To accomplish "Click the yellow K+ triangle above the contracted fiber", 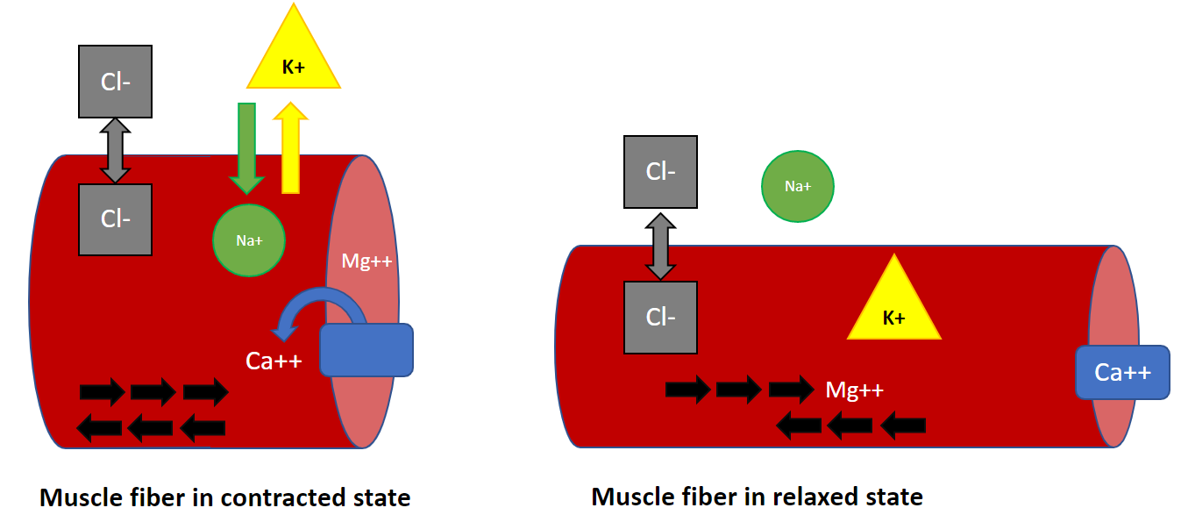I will coord(294,61).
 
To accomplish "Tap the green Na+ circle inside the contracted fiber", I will coord(250,240).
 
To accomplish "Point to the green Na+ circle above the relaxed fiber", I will coord(797,186).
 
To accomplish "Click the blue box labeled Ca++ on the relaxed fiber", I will coord(1122,373).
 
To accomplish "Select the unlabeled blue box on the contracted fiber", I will coord(366,350).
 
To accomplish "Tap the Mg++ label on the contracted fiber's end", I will coord(366,261).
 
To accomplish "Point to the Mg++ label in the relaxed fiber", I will coord(854,389).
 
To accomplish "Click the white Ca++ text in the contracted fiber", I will coord(274,360).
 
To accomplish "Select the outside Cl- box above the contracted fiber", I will coord(115,81).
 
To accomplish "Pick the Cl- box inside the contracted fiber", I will coord(115,219).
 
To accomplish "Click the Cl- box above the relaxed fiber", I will coord(660,172).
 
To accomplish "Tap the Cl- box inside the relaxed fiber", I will coord(660,317).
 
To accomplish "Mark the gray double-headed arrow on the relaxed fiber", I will coord(660,245).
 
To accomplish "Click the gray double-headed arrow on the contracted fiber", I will coord(115,151).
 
